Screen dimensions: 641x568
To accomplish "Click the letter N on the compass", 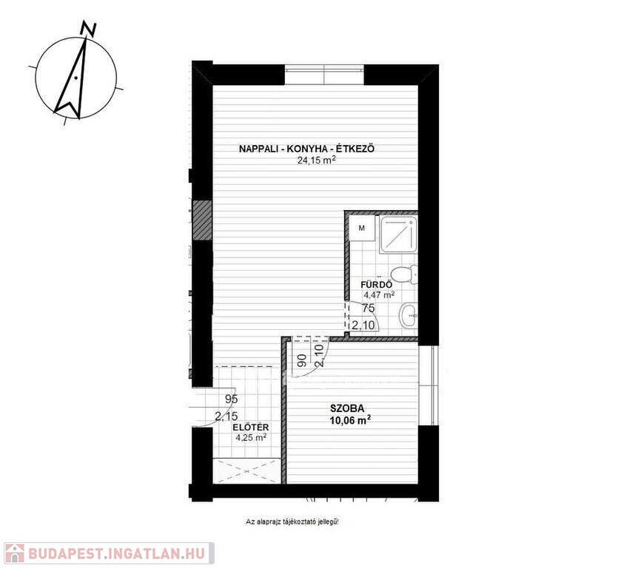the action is pos(89,30).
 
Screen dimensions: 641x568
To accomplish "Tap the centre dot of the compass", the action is pos(76,78).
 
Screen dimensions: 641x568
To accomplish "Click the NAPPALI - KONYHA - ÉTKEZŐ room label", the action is pos(306,149).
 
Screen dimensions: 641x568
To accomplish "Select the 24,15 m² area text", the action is pos(316,160).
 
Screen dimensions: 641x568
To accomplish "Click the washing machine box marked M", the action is pos(362,229).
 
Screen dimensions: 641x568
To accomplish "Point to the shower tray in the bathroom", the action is pos(398,235).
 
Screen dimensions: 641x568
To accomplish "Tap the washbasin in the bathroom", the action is pos(409,316).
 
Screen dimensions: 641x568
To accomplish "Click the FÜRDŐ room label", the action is pos(377,284).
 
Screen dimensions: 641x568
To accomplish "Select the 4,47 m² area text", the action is pos(379,294).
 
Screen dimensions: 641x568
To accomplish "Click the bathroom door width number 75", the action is pos(369,308).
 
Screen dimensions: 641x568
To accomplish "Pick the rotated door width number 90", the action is pos(302,361).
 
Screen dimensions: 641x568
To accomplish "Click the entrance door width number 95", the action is pos(232,399).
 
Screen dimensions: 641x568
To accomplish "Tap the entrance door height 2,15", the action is pos(226,416).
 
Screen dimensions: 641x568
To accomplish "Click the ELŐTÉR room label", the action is pos(251,427).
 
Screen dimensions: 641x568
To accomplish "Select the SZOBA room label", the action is pos(347,408).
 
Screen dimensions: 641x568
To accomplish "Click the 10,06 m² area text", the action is pos(350,420).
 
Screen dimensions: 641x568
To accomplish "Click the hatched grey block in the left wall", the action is pos(202,220).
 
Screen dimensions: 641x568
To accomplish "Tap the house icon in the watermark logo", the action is pos(15,553).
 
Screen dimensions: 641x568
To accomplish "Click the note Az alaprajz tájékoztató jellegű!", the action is pos(292,521).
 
